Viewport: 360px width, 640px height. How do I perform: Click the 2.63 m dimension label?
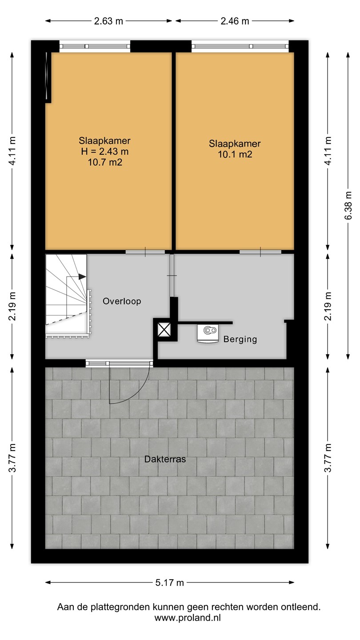click(x=108, y=21)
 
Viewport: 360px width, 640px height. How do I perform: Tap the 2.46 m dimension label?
click(x=235, y=21)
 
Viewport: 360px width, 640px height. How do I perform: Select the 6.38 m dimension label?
click(x=348, y=205)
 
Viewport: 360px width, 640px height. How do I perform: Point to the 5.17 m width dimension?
click(x=170, y=583)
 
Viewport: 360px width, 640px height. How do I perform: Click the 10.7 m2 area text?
click(x=105, y=162)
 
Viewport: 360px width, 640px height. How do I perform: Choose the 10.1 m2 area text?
click(x=235, y=154)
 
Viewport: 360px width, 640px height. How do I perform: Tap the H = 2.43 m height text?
click(x=105, y=152)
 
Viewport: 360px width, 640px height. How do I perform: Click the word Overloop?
click(x=122, y=301)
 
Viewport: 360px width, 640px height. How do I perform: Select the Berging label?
click(x=240, y=339)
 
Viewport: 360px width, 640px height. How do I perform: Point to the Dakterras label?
click(x=165, y=459)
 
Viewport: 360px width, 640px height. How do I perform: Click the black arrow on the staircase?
click(x=82, y=276)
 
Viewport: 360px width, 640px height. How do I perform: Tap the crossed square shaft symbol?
click(x=164, y=329)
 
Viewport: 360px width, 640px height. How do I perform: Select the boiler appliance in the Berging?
click(x=208, y=333)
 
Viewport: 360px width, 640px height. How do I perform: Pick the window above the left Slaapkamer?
click(x=95, y=46)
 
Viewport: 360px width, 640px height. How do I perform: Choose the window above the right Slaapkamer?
click(x=240, y=46)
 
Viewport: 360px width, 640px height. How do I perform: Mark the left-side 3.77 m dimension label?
click(x=12, y=458)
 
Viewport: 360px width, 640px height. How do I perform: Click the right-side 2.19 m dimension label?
click(x=328, y=306)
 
